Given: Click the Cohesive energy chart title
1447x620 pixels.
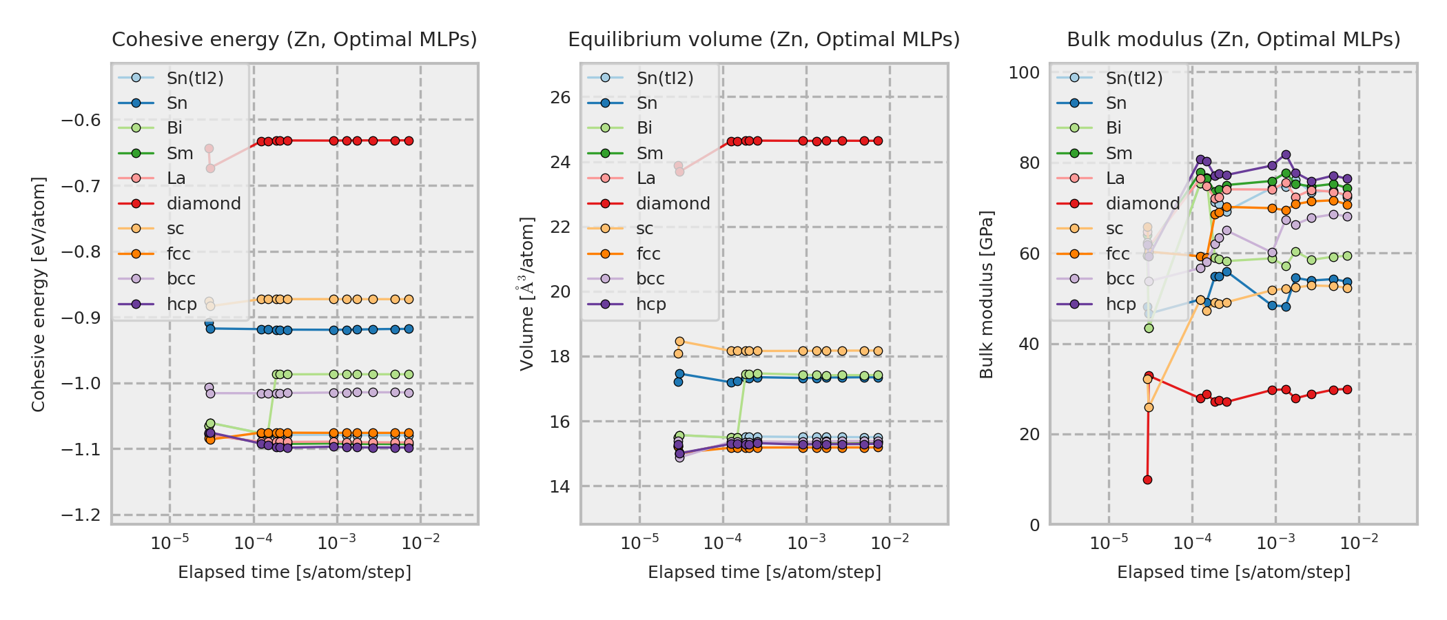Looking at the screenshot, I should click(294, 40).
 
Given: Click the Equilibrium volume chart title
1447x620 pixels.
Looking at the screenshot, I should click(763, 40).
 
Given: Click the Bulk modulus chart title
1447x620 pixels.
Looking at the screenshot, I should click(1233, 40).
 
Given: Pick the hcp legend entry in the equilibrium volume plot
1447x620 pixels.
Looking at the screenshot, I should click(650, 304).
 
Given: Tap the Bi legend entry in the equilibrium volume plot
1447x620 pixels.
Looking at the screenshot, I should click(644, 128).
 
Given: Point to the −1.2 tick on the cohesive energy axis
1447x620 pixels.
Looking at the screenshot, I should click(81, 515).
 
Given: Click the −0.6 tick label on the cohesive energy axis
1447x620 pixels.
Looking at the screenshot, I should click(81, 121).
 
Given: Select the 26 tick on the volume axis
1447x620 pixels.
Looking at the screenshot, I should click(561, 98).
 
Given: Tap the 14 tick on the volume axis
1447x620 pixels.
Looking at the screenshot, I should click(561, 487).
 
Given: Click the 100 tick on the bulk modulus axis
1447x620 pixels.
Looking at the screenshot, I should click(1024, 73).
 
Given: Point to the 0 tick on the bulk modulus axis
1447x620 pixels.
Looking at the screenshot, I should click(1034, 526).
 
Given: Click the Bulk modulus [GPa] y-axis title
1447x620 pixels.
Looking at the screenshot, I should click(987, 295).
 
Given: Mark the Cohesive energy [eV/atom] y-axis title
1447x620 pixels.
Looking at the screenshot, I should click(39, 295).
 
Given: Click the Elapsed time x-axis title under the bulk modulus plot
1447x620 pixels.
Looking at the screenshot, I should click(1233, 572).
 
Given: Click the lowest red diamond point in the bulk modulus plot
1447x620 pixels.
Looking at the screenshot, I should click(1147, 479).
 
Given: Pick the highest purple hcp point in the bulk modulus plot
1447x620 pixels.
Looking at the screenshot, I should click(1286, 155).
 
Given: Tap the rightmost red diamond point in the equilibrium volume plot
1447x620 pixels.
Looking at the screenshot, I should click(878, 141).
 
